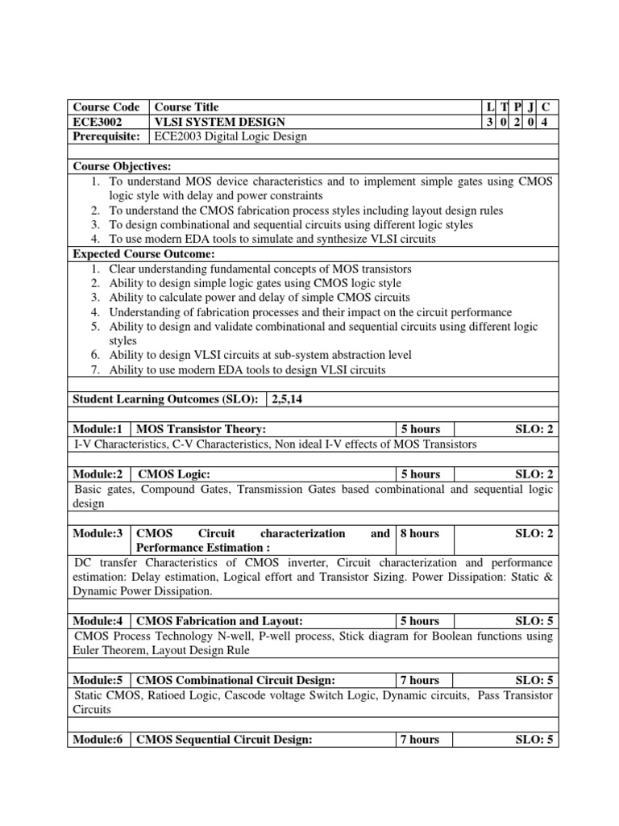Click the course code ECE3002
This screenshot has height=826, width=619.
[x=98, y=122]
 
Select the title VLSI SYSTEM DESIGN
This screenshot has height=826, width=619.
[x=220, y=122]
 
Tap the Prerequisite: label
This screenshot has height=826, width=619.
[x=106, y=136]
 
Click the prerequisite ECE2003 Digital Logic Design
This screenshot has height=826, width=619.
[x=231, y=136]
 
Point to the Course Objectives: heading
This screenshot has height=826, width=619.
[x=123, y=166]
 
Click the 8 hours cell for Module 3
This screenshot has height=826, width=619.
[x=420, y=533]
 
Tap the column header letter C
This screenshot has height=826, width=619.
[x=546, y=107]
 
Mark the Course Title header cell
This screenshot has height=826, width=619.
[x=186, y=107]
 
